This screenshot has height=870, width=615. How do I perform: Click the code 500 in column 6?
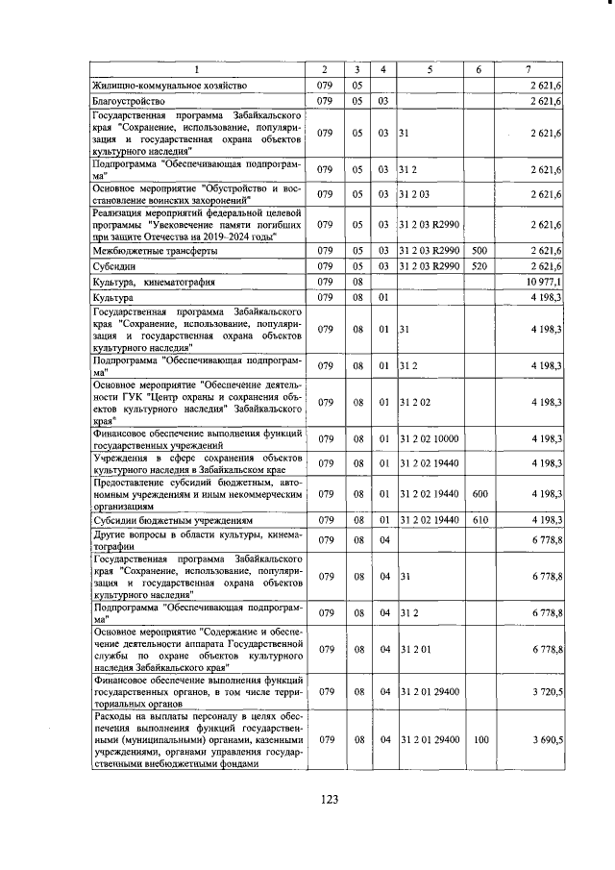pos(478,250)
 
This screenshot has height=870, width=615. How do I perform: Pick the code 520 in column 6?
pos(478,266)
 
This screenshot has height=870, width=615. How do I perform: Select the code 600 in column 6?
pos(478,494)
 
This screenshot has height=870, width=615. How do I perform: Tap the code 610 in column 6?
pos(478,520)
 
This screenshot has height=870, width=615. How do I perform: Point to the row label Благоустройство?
pos(130,100)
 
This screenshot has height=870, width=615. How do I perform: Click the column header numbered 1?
pos(198,69)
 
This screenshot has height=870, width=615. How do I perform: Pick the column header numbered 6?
pos(478,69)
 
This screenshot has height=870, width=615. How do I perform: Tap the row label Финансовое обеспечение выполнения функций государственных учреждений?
pos(198,439)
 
